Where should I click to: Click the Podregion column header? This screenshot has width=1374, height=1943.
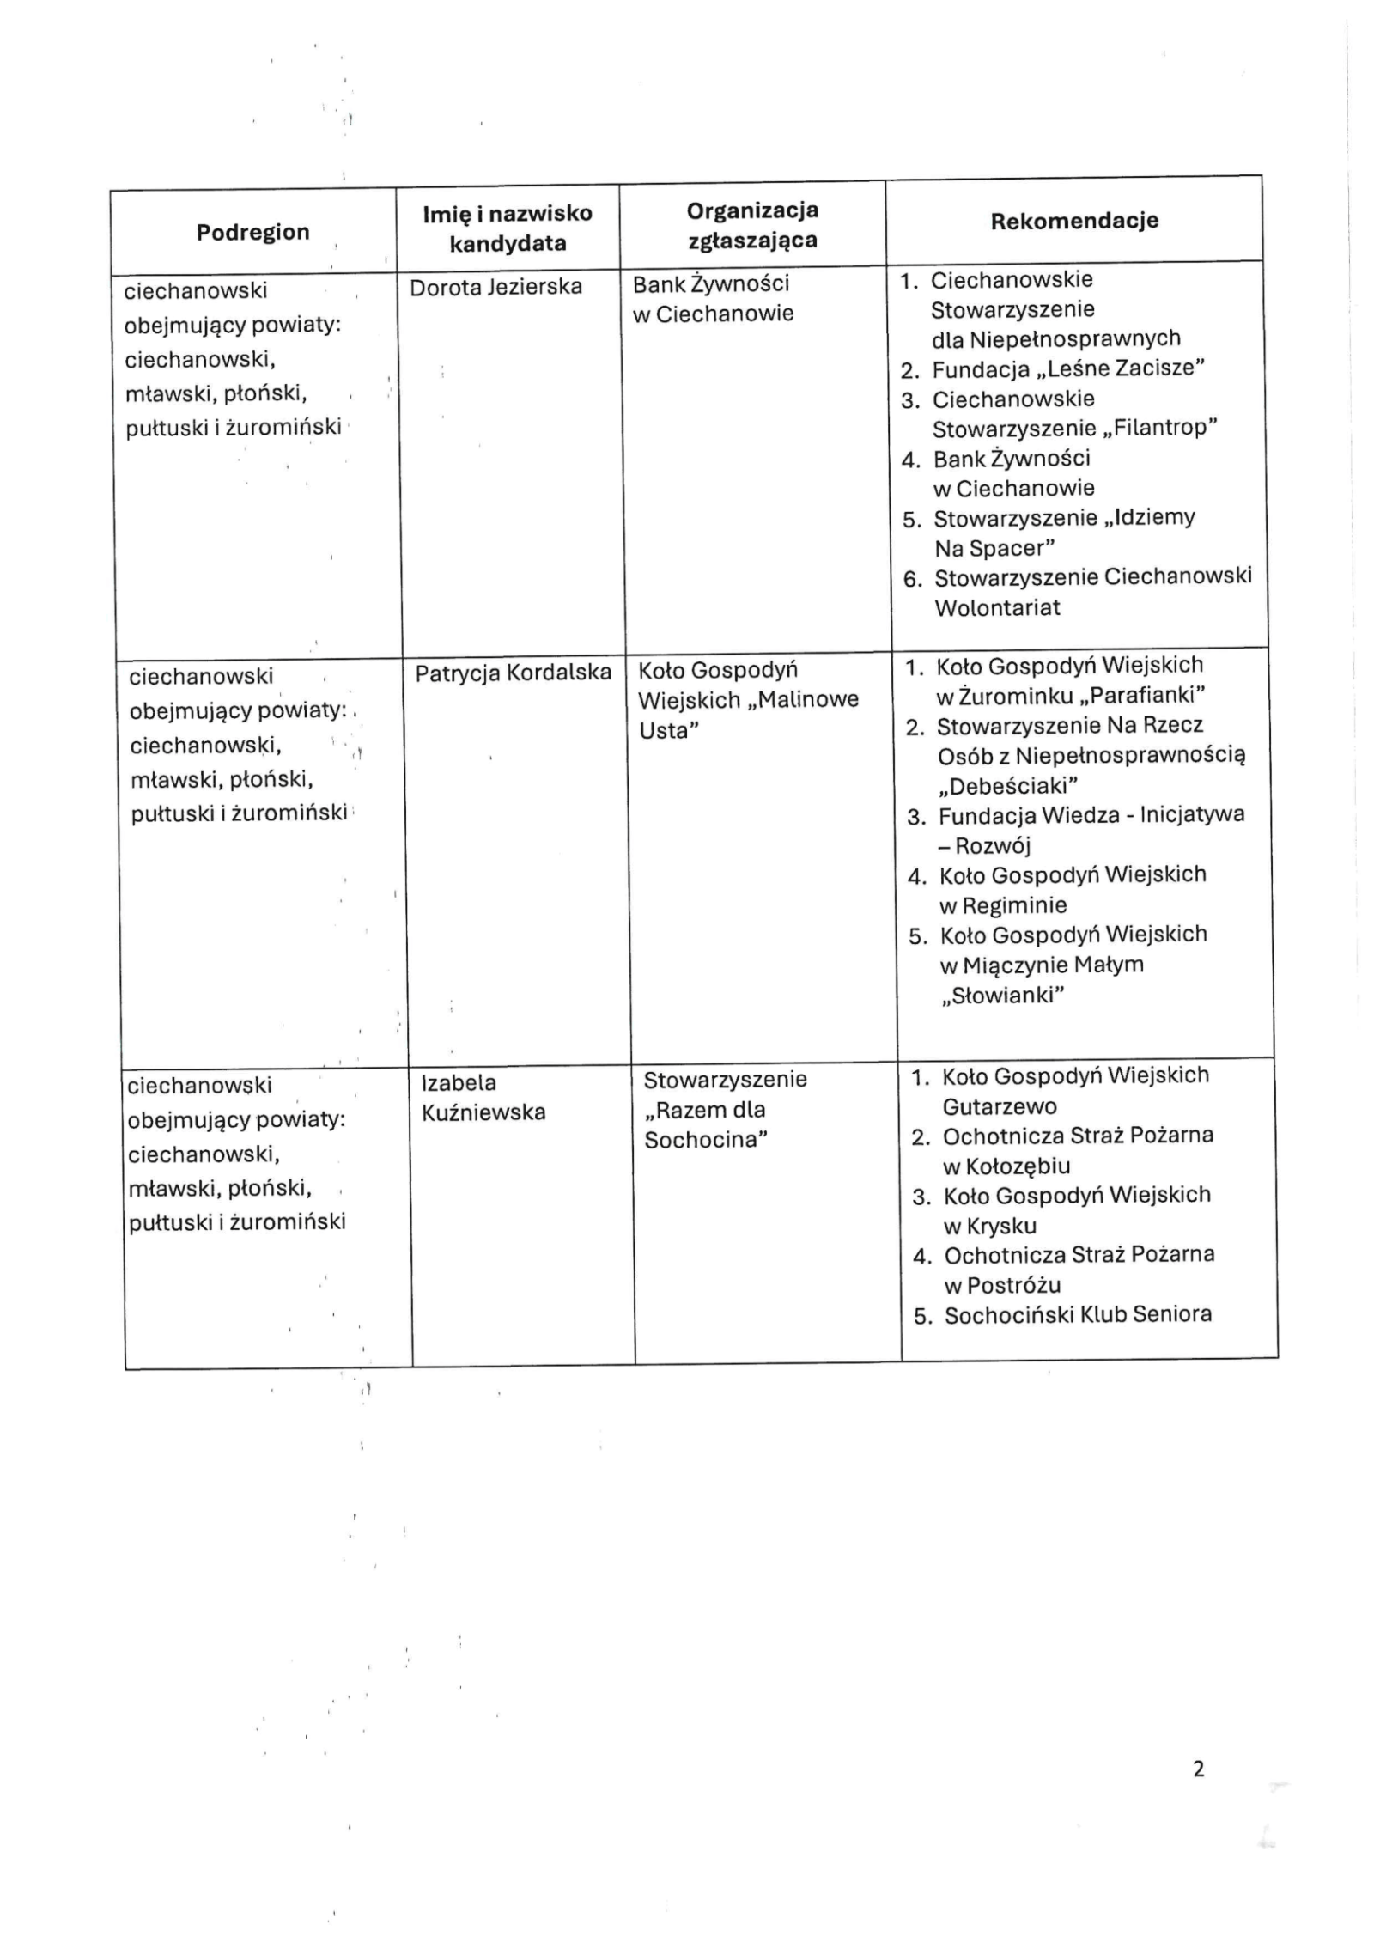pyautogui.click(x=252, y=232)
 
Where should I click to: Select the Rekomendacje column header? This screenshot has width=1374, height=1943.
pyautogui.click(x=1073, y=221)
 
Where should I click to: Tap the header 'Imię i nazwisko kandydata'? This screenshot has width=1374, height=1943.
pyautogui.click(x=508, y=228)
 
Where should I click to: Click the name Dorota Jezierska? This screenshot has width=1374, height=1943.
pyautogui.click(x=495, y=287)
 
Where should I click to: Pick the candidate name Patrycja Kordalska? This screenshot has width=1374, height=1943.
pyautogui.click(x=513, y=673)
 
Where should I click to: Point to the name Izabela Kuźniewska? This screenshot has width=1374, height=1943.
pyautogui.click(x=483, y=1098)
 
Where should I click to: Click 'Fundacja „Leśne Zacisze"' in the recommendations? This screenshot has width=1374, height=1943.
pyautogui.click(x=1068, y=368)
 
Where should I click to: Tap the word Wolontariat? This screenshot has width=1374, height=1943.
pyautogui.click(x=997, y=607)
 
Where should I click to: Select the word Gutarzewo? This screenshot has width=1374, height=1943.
pyautogui.click(x=1000, y=1106)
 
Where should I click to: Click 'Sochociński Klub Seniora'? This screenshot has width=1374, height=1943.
pyautogui.click(x=1078, y=1314)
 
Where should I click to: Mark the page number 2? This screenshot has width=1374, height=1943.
pyautogui.click(x=1199, y=1769)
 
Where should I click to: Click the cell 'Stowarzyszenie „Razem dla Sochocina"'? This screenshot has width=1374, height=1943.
pyautogui.click(x=725, y=1109)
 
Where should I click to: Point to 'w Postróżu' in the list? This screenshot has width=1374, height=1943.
pyautogui.click(x=1002, y=1285)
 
